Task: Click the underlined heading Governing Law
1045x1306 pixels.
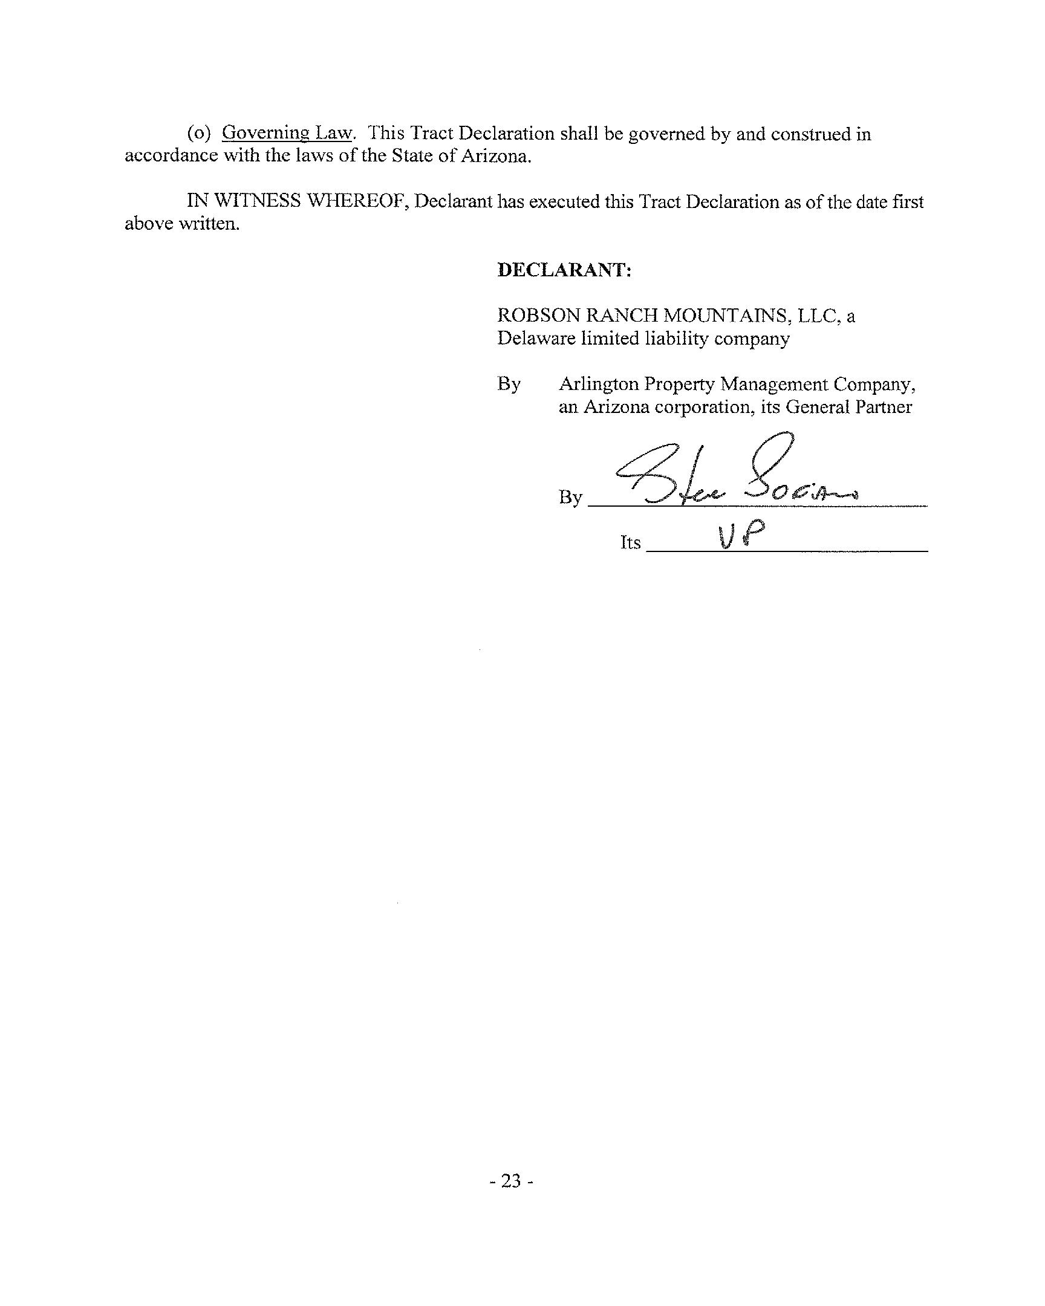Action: pyautogui.click(x=287, y=133)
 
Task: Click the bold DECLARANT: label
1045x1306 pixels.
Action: pyautogui.click(x=564, y=270)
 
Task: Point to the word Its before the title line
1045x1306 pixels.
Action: pyautogui.click(x=630, y=542)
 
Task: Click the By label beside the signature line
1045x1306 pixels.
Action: pyautogui.click(x=570, y=498)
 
